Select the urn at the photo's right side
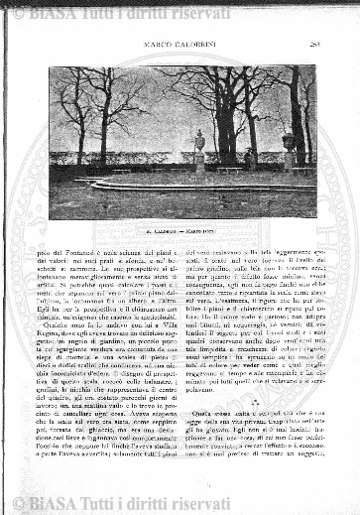point(290,142)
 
